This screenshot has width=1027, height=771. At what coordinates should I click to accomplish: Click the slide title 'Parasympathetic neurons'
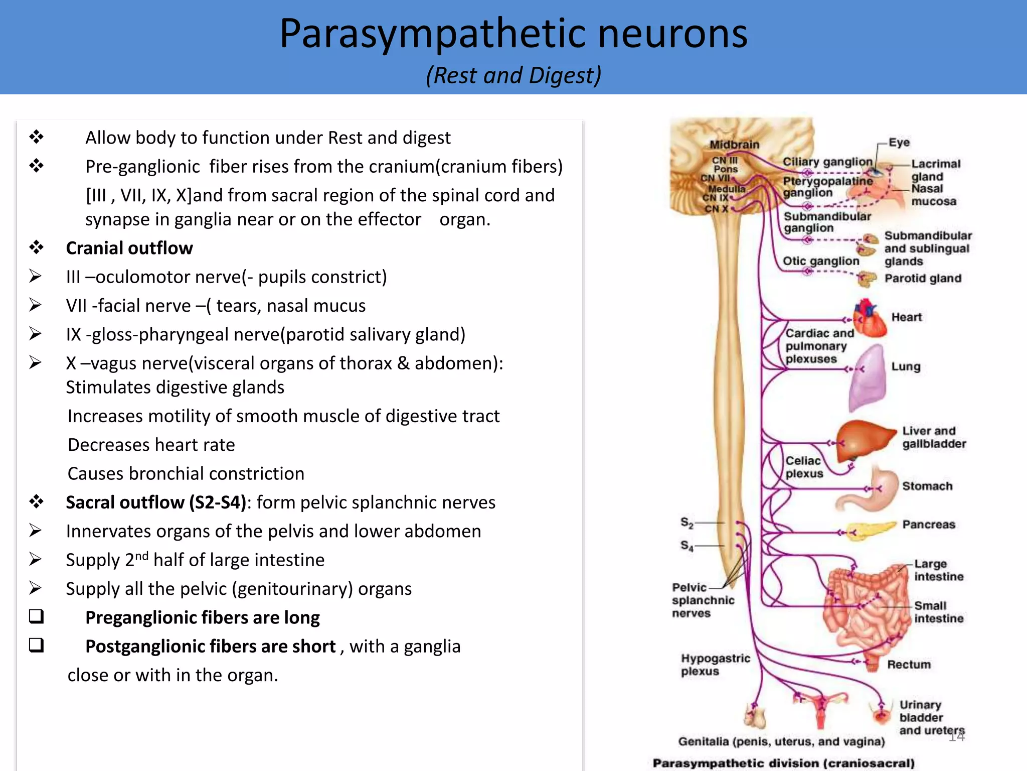point(513,34)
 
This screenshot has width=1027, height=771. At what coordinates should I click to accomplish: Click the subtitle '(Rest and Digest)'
point(513,76)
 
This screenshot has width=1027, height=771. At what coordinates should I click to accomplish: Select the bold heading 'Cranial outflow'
point(129,248)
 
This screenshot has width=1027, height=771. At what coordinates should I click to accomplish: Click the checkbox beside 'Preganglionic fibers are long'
point(37,616)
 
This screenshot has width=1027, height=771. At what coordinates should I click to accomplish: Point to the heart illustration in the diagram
point(871,319)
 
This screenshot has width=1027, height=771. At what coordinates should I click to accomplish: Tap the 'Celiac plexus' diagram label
point(804,467)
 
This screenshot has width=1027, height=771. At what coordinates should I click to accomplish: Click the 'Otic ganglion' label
point(821,261)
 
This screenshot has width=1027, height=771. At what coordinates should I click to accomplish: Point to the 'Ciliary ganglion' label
point(827,162)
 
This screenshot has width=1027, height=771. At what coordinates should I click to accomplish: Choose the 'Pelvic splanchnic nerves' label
point(702,600)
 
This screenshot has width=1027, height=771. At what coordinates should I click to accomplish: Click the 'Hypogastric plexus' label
point(715,665)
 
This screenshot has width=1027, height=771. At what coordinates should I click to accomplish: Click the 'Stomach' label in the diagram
point(927,486)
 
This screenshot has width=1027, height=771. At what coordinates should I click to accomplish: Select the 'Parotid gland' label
point(923,279)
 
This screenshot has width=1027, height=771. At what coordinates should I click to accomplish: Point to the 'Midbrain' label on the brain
point(734,145)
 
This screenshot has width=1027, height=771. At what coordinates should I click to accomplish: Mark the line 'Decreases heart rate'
point(151,445)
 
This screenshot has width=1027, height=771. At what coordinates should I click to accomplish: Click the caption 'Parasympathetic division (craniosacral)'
point(783,763)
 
